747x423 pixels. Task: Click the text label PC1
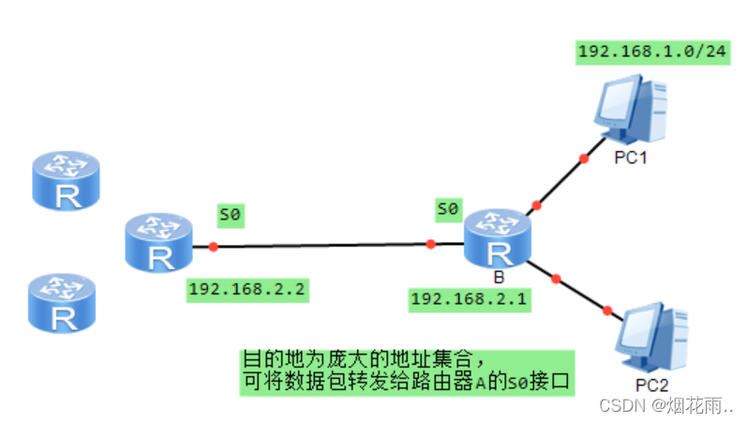tap(631, 158)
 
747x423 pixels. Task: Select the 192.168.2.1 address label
tap(469, 299)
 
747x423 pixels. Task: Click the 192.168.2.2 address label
tap(247, 289)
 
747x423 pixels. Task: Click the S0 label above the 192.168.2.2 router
tap(230, 215)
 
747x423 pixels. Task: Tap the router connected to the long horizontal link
tap(158, 243)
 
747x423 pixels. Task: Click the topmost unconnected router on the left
tap(66, 181)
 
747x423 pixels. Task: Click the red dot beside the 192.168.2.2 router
tap(214, 247)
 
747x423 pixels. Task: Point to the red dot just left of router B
tap(431, 244)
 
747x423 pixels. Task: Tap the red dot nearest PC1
tap(583, 159)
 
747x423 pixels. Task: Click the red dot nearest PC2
tap(608, 310)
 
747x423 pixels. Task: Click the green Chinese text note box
tap(405, 372)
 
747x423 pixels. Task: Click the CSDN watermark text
tap(665, 405)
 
